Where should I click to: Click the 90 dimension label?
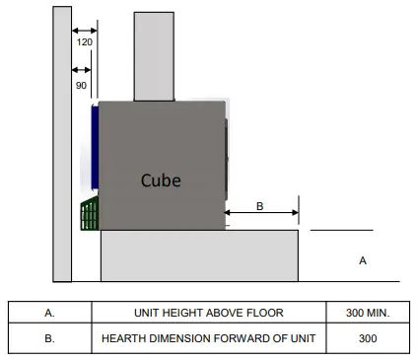[81, 86]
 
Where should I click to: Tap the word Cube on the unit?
[161, 180]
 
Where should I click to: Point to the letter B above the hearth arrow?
[260, 206]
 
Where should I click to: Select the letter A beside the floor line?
[363, 260]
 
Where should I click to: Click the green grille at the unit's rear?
[90, 213]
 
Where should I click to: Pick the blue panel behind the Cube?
[95, 148]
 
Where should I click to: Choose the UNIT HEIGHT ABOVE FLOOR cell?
[208, 314]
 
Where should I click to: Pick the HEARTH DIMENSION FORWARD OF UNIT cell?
[208, 338]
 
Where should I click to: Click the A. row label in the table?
[49, 314]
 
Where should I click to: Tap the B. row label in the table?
[49, 338]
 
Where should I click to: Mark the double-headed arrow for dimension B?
[261, 212]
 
